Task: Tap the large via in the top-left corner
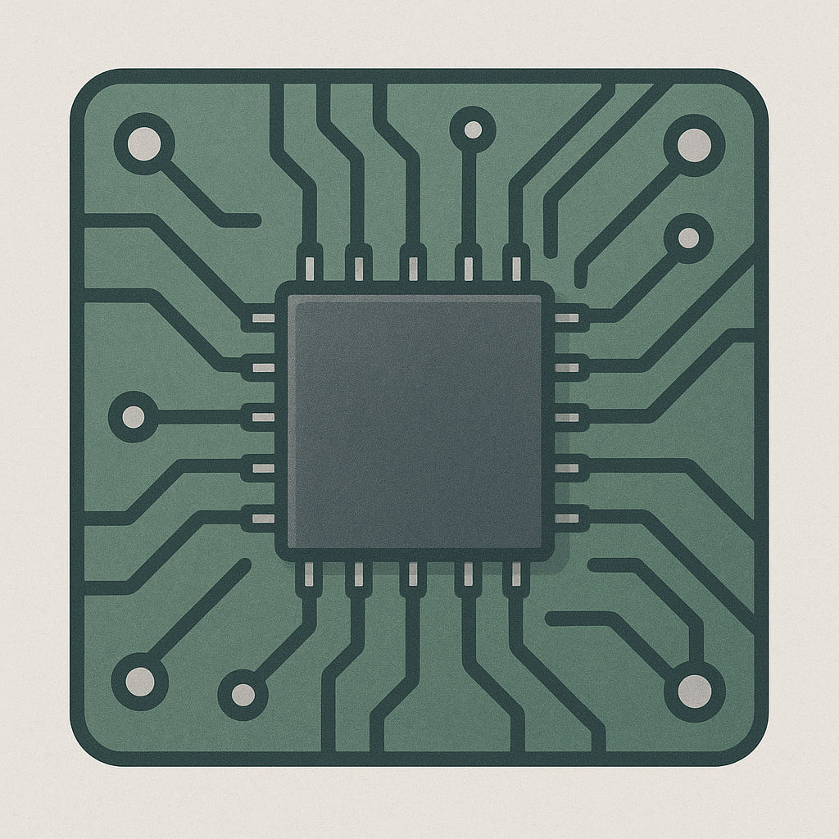(x=144, y=144)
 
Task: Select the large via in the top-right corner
(x=694, y=145)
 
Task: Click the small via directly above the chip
(x=473, y=129)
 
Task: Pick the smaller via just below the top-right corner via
(x=688, y=238)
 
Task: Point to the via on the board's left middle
(x=133, y=417)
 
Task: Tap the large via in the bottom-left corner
(x=139, y=681)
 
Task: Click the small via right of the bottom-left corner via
(x=243, y=694)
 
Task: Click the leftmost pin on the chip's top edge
(x=310, y=267)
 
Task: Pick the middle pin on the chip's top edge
(x=412, y=267)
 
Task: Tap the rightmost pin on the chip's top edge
(x=515, y=267)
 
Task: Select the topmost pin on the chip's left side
(x=262, y=317)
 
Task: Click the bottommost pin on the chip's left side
(x=262, y=518)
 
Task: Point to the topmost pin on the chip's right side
(x=567, y=317)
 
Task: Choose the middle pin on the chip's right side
(x=567, y=418)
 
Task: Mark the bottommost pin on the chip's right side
(x=567, y=518)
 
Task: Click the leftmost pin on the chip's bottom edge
(x=310, y=574)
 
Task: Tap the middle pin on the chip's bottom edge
(x=412, y=574)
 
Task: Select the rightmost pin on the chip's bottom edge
(x=515, y=574)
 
